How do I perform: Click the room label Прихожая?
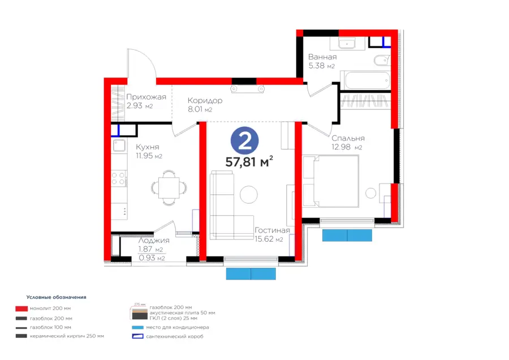click(x=146, y=97)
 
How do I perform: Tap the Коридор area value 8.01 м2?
click(x=200, y=110)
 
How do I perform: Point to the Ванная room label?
click(x=322, y=57)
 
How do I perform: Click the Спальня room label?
click(x=348, y=138)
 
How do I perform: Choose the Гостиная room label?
click(x=272, y=230)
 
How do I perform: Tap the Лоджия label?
click(x=153, y=241)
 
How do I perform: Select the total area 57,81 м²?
click(x=249, y=162)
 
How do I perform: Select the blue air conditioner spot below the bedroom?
click(x=347, y=235)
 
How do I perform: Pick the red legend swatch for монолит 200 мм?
click(x=21, y=308)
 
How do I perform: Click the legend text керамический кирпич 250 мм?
click(x=68, y=336)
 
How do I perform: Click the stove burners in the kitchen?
click(x=119, y=178)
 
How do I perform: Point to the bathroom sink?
click(x=347, y=44)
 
